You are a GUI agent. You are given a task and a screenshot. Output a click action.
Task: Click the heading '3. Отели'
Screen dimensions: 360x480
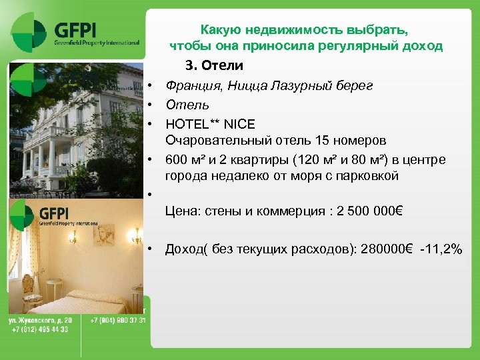pyautogui.click(x=214, y=66)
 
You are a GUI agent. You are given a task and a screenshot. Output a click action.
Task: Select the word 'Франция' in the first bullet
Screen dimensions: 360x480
pyautogui.click(x=190, y=85)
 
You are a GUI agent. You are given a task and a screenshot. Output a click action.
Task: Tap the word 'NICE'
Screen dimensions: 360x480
pyautogui.click(x=239, y=124)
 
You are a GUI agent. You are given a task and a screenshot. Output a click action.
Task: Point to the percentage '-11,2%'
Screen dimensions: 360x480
pyautogui.click(x=441, y=249)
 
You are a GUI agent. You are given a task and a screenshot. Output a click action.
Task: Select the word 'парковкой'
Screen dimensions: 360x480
pyautogui.click(x=367, y=176)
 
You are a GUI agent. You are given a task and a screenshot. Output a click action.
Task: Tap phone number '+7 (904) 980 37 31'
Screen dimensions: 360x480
pyautogui.click(x=117, y=321)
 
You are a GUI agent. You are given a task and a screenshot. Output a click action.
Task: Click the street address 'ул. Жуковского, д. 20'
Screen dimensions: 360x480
pyautogui.click(x=40, y=321)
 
